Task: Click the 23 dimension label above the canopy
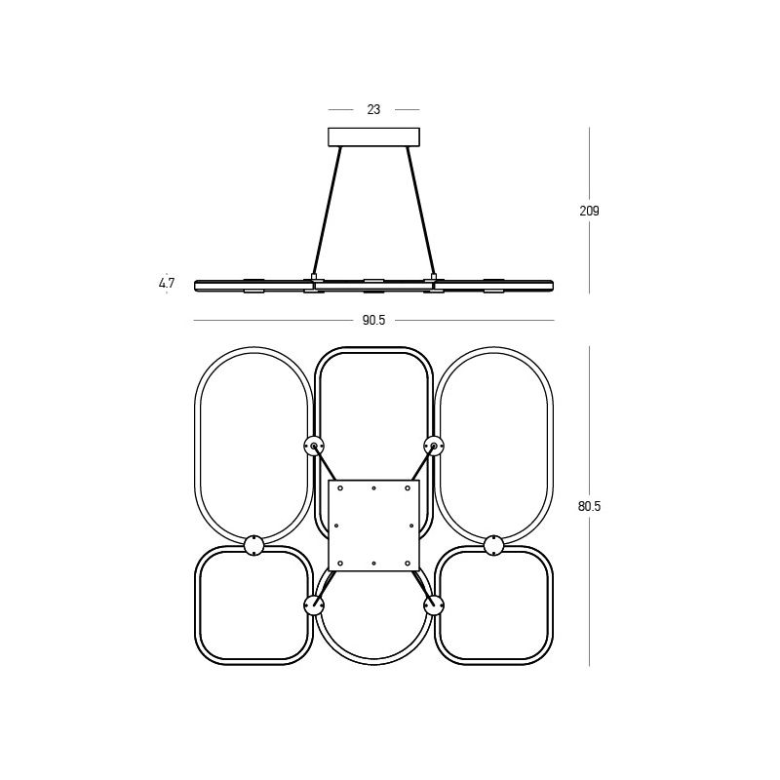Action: (373, 109)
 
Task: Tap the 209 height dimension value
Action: (590, 211)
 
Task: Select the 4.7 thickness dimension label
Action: (167, 283)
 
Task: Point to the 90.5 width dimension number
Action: (373, 321)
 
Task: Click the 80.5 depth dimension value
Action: (590, 506)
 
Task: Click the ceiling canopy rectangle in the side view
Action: (373, 137)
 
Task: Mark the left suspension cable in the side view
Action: (328, 211)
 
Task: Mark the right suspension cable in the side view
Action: (421, 211)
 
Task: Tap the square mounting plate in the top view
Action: (374, 526)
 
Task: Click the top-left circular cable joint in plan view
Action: (314, 446)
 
